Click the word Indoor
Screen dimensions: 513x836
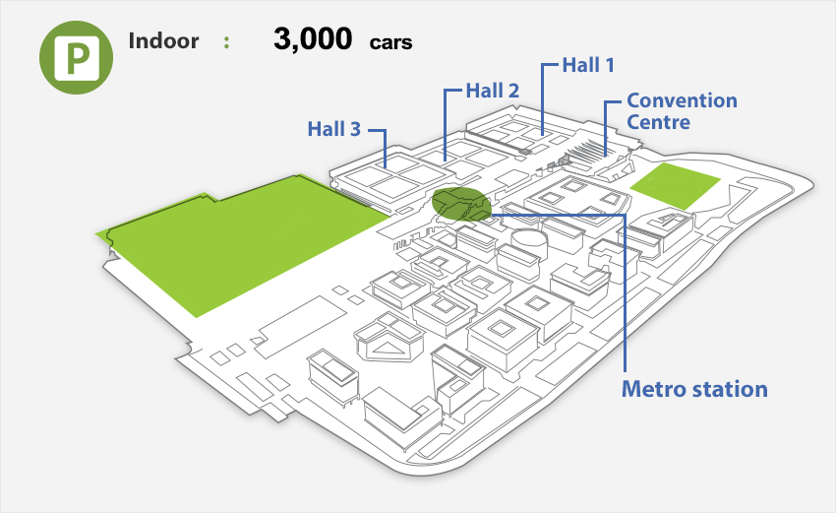(163, 41)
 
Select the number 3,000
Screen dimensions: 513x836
(312, 40)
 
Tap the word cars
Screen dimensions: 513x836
(390, 43)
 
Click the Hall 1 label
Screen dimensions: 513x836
(588, 66)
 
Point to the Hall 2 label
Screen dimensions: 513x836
(493, 91)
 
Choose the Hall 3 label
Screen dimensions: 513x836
(334, 129)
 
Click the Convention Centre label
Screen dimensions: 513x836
(682, 111)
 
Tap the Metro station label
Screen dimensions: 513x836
(694, 389)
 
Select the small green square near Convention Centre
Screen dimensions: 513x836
(675, 185)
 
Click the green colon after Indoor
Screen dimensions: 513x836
(227, 42)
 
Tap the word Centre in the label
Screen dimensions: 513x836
(658, 122)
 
